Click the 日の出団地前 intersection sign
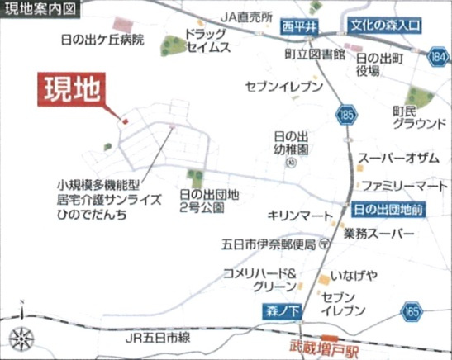click(388, 210)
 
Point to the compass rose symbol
click(20, 338)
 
